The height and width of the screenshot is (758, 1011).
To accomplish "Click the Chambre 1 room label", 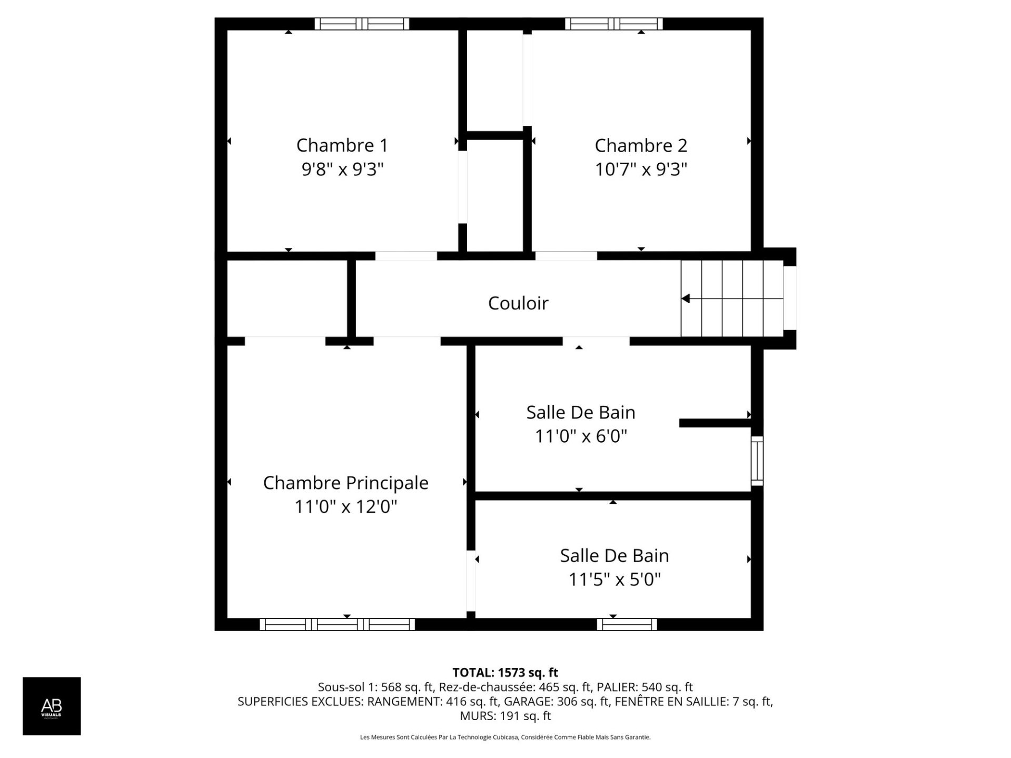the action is [x=342, y=145].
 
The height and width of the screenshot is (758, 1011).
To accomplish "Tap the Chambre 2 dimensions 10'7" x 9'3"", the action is [x=641, y=169].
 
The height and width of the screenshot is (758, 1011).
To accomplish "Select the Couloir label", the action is [x=518, y=303].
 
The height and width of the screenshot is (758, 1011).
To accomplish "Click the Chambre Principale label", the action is [x=345, y=483].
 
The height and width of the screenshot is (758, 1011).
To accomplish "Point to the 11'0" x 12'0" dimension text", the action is [x=345, y=507].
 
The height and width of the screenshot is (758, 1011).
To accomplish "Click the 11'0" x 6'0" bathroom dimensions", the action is [x=581, y=436].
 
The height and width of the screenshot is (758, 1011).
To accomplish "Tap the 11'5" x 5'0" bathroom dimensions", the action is [x=614, y=580].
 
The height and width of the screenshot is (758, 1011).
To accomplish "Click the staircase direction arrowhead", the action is [x=686, y=298].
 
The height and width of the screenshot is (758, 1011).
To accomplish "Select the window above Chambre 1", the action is [x=362, y=24].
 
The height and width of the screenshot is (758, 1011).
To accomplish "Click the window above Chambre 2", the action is [x=614, y=24].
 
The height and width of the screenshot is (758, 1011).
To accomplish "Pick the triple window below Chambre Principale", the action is [x=337, y=624].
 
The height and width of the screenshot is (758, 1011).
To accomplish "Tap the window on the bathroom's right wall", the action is [x=757, y=461].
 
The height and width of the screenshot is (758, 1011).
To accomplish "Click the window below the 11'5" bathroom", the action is [x=627, y=624].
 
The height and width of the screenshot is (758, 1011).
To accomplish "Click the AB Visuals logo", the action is [x=52, y=706].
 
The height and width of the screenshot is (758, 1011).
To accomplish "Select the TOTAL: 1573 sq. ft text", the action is [x=506, y=673].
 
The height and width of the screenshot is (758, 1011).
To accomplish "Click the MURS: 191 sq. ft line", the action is [x=506, y=716].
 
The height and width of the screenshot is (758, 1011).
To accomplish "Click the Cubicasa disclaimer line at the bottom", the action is [x=506, y=737].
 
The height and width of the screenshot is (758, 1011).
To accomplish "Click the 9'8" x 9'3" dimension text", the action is [x=342, y=169].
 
